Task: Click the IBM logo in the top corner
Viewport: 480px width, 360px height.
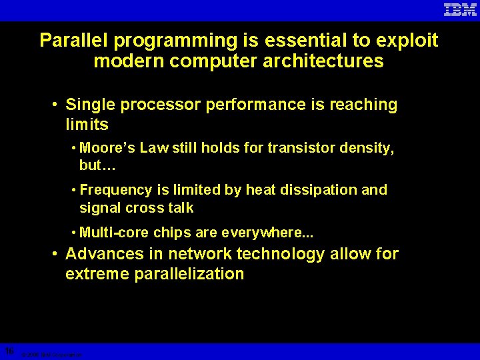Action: coord(460,9)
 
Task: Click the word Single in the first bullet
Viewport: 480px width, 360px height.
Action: coord(92,105)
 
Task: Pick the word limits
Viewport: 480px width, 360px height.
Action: coord(87,125)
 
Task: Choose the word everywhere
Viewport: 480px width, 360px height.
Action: coord(270,233)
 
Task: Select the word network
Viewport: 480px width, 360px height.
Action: coord(201,254)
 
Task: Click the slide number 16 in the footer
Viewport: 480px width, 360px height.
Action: coord(9,351)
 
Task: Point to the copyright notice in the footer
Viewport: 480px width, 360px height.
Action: coord(51,355)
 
